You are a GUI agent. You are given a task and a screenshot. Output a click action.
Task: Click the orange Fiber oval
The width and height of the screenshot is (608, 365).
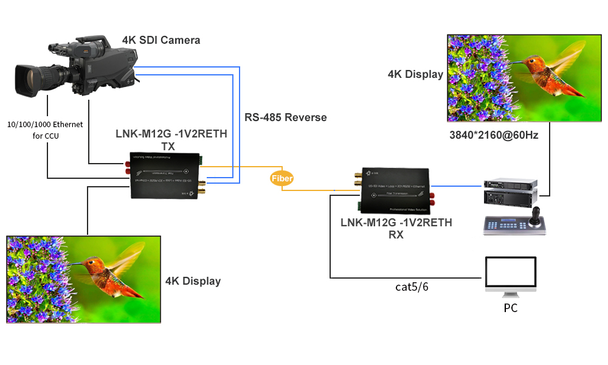tap(282, 178)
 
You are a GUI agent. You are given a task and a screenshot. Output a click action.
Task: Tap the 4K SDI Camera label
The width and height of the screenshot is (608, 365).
tap(161, 40)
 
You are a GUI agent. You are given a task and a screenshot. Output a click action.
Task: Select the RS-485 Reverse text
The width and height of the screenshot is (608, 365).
tap(286, 117)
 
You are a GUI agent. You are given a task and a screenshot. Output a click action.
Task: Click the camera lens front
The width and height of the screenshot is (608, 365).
tap(24, 80)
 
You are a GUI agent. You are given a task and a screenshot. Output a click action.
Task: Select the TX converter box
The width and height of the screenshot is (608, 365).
tap(166, 175)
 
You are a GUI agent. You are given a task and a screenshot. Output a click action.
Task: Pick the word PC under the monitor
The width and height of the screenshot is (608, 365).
tap(511, 308)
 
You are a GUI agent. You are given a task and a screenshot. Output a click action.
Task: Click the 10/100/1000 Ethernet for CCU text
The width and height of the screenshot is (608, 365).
tap(46, 130)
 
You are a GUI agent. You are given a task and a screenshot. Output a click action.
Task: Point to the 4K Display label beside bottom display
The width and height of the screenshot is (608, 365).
tap(193, 280)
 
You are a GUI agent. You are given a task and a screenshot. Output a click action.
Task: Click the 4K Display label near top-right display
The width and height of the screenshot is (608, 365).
tap(416, 74)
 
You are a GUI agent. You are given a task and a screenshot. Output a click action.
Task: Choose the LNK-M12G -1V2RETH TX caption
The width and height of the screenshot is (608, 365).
tap(171, 140)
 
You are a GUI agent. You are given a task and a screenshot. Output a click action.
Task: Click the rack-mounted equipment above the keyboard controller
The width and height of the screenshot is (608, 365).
tap(511, 192)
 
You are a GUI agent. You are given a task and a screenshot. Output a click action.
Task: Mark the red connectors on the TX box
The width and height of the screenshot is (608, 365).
tap(128, 168)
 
